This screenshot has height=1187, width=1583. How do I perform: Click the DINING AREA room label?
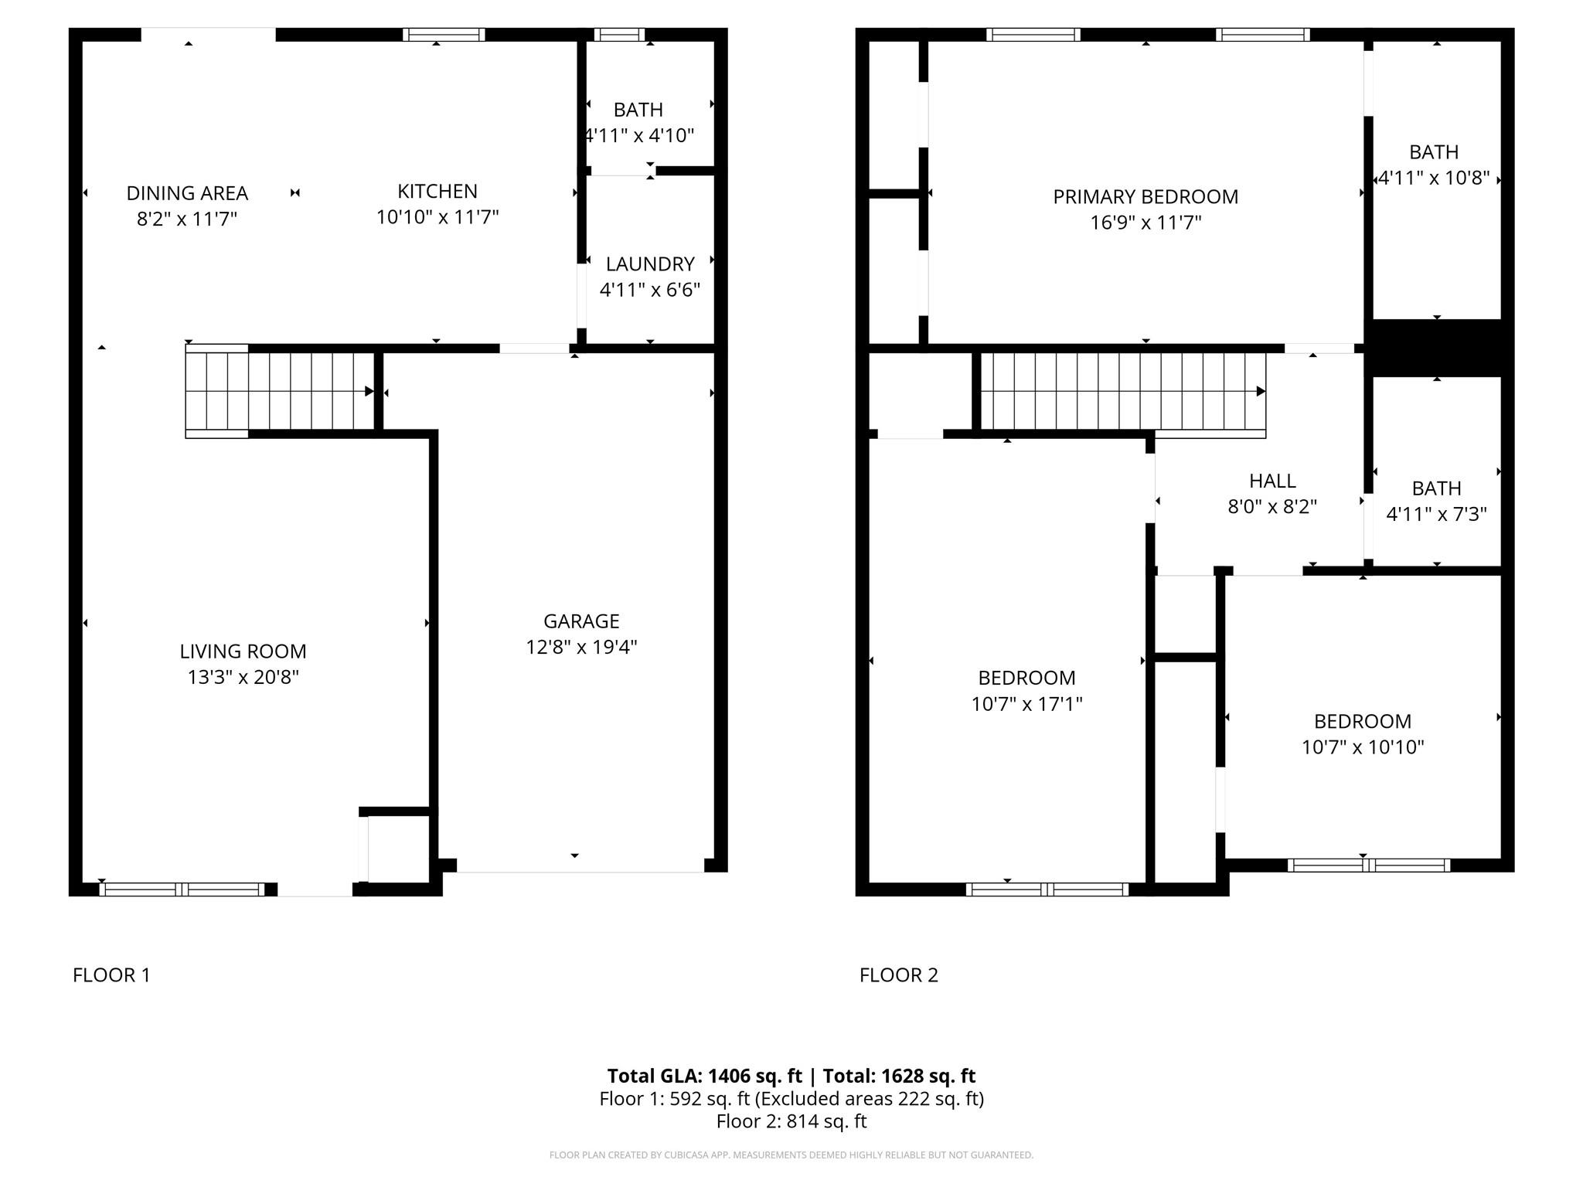click(x=187, y=192)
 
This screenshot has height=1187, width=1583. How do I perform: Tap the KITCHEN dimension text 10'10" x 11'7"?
click(x=437, y=217)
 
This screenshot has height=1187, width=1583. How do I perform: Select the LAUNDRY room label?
click(x=650, y=264)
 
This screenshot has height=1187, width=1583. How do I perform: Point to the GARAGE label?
click(x=581, y=621)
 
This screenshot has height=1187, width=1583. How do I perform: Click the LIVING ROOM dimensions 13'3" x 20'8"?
click(x=243, y=677)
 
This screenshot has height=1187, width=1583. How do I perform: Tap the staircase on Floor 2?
click(x=1121, y=391)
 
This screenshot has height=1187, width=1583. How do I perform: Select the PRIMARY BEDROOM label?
click(x=1146, y=197)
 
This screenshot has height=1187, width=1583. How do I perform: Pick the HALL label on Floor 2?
click(x=1272, y=481)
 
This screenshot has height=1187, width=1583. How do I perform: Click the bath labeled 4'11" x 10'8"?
click(x=1434, y=165)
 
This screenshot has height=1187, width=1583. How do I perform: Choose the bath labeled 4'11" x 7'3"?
click(x=1436, y=501)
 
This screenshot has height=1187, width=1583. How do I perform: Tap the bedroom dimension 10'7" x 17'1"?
click(x=1026, y=704)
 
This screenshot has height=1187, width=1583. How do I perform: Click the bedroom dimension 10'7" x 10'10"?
click(x=1363, y=747)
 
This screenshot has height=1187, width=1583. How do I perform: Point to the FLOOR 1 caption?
click(x=111, y=975)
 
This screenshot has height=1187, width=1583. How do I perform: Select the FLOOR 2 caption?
click(x=898, y=975)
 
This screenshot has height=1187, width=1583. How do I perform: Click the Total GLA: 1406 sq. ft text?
click(x=704, y=1076)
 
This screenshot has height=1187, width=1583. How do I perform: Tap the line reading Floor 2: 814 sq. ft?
click(x=791, y=1121)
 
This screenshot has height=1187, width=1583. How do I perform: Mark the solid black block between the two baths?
click(x=1436, y=348)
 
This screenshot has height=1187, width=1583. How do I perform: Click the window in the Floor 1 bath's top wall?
click(x=619, y=34)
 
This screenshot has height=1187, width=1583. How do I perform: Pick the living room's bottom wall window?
click(x=182, y=889)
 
